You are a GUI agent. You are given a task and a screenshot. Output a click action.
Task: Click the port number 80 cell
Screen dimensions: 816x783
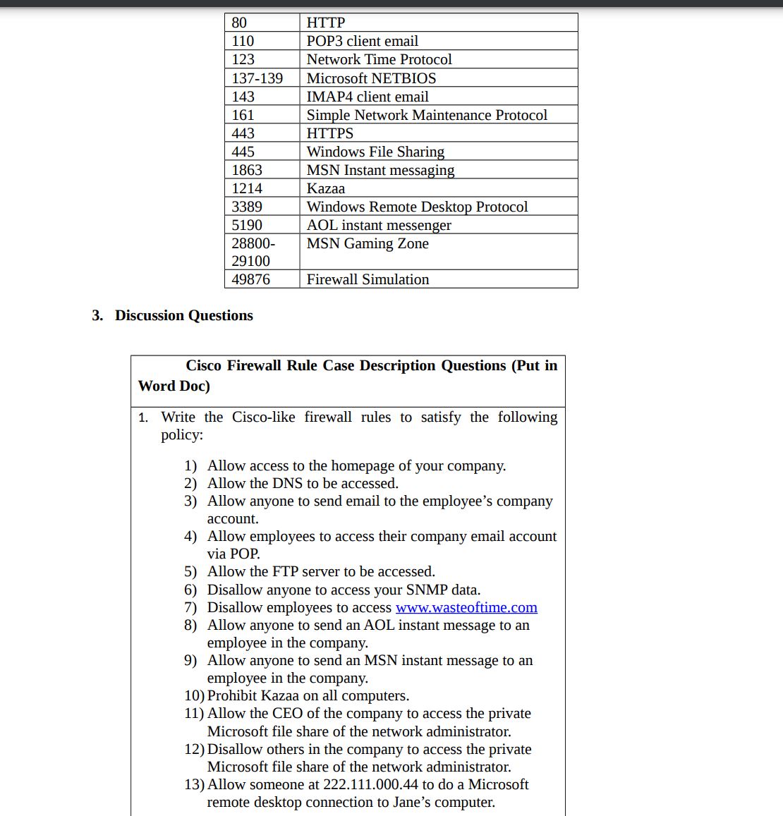(240, 23)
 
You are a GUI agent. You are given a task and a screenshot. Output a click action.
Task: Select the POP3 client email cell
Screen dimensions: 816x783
(362, 41)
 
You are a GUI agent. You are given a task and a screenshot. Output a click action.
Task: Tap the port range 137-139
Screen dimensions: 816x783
(257, 78)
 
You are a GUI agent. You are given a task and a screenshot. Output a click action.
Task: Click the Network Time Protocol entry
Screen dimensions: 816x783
(379, 59)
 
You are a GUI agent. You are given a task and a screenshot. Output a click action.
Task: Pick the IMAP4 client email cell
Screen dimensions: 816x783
(367, 97)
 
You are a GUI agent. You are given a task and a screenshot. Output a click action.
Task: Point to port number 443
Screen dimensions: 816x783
(243, 133)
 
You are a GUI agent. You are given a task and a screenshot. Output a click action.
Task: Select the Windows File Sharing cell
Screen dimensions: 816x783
(375, 152)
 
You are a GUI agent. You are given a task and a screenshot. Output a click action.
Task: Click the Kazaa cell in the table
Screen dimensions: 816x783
(326, 188)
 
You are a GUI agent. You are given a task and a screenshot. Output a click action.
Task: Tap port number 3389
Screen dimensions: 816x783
(247, 207)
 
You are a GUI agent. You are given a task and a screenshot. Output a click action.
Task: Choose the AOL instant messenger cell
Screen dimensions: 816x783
(379, 225)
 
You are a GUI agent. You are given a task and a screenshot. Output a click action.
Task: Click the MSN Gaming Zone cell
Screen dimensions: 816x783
(368, 243)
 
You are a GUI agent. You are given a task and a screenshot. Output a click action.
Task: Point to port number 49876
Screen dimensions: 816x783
(250, 279)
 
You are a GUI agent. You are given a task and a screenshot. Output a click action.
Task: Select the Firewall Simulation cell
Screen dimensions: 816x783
(368, 279)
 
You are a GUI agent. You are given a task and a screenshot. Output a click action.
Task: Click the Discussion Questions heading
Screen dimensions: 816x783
(183, 315)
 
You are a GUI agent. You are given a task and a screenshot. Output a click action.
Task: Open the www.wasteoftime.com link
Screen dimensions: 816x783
(466, 607)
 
